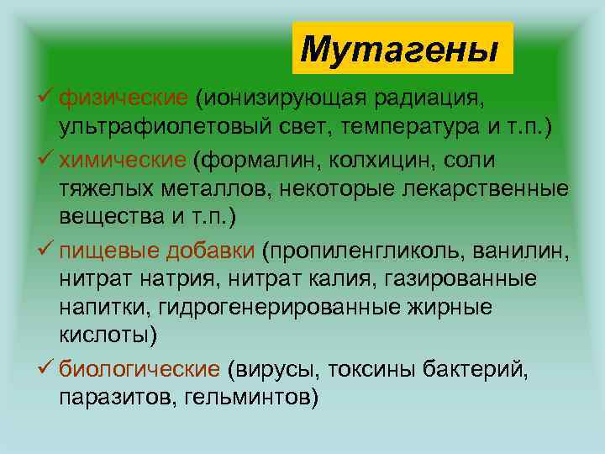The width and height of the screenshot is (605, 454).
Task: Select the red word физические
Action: tap(124, 100)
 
